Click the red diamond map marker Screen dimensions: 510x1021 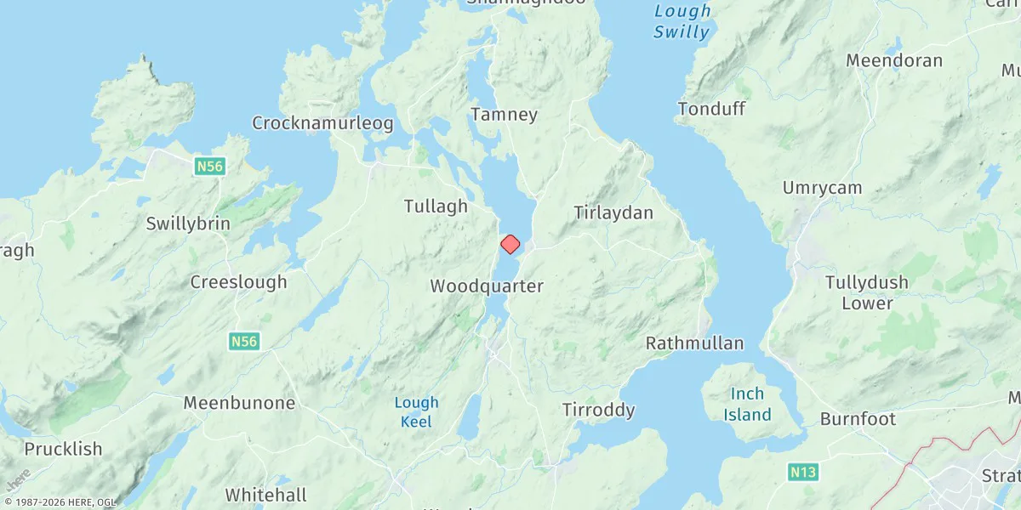pyautogui.click(x=510, y=245)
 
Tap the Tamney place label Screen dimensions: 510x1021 pyautogui.click(x=505, y=114)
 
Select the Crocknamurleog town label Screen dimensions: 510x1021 pyautogui.click(x=322, y=123)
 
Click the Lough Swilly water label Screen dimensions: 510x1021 pyautogui.click(x=682, y=22)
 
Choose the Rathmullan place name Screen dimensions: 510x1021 pyautogui.click(x=694, y=343)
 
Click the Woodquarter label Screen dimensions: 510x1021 pyautogui.click(x=487, y=286)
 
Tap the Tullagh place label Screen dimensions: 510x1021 pyautogui.click(x=436, y=206)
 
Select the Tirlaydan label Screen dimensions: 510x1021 pyautogui.click(x=613, y=212)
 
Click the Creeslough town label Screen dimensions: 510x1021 pyautogui.click(x=238, y=282)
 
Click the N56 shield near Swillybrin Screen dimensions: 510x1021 pyautogui.click(x=209, y=167)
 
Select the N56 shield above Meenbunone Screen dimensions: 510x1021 pyautogui.click(x=243, y=341)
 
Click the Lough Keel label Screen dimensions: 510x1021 pyautogui.click(x=417, y=412)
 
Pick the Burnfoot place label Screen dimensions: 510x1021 pyautogui.click(x=858, y=419)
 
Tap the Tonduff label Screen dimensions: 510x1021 pyautogui.click(x=711, y=109)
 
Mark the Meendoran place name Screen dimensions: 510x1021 pyautogui.click(x=894, y=60)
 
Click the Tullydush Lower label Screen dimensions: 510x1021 pyautogui.click(x=867, y=292)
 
